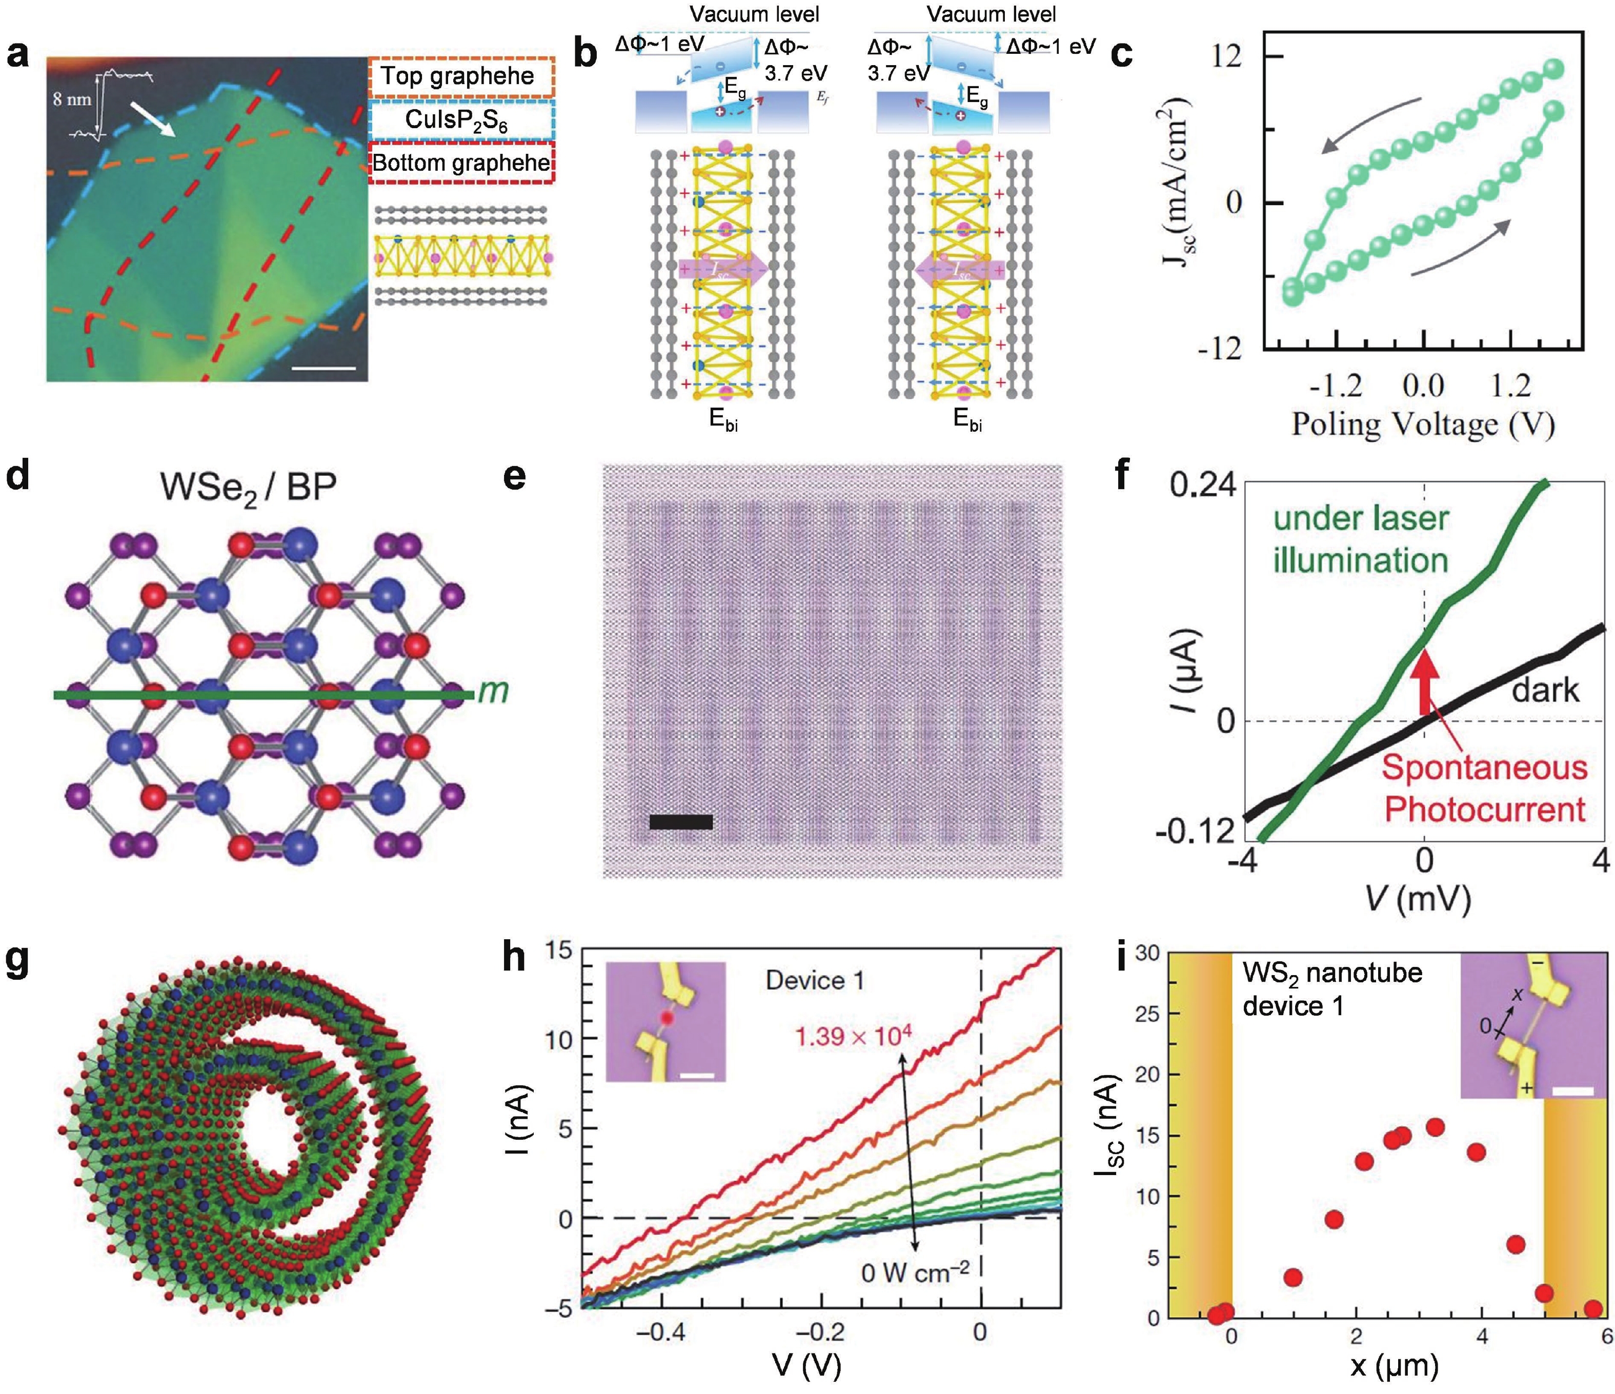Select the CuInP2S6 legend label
pyautogui.click(x=459, y=119)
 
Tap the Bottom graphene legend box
pyautogui.click(x=460, y=163)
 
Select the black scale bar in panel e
pyautogui.click(x=680, y=822)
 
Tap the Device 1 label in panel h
pyautogui.click(x=815, y=980)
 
